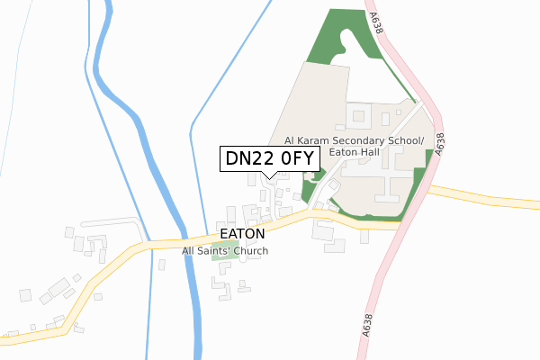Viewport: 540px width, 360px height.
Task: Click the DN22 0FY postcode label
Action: [268, 158]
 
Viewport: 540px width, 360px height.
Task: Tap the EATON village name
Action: [242, 233]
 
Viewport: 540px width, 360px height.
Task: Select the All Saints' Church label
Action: [225, 251]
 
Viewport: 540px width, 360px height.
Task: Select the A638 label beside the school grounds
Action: [439, 146]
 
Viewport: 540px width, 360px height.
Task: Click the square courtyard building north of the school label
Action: [359, 115]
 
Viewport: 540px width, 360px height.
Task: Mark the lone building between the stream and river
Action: [161, 264]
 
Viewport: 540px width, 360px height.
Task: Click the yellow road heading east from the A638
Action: [486, 196]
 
